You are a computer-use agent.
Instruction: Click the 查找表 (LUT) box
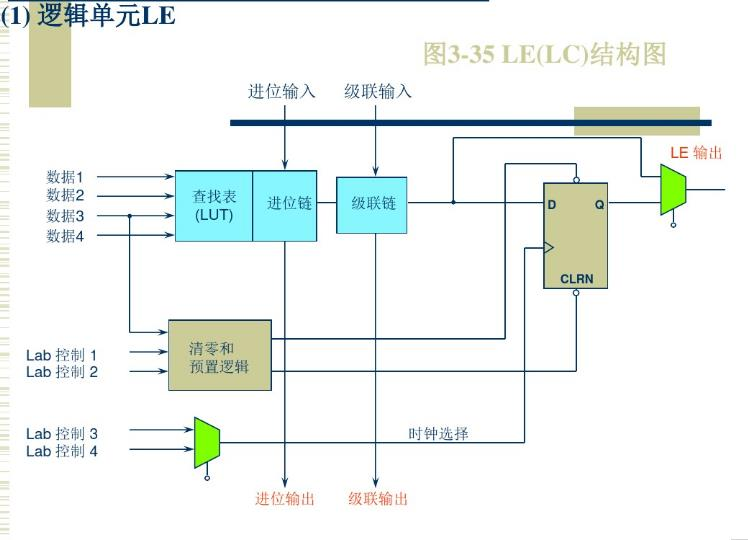pos(213,205)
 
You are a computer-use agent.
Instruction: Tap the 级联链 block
pos(372,204)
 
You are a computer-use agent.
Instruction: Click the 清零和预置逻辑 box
pos(219,357)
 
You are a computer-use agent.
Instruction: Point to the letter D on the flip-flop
pos(552,204)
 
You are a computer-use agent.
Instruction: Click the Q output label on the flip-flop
pos(599,204)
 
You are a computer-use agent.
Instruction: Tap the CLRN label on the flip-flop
pos(577,279)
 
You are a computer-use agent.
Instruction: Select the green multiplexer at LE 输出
pos(672,190)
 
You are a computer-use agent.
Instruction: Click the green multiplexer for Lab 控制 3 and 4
pos(207,442)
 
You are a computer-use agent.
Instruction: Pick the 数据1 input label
pos(66,177)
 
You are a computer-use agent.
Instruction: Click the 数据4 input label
pos(66,236)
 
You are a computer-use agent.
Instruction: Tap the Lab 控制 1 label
pos(62,354)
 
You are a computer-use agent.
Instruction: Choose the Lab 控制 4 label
pos(62,451)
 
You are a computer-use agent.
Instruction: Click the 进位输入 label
pos(282,92)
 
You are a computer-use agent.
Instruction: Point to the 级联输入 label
pos(378,92)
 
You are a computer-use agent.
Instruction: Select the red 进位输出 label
pos(285,498)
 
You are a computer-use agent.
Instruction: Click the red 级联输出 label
pos(378,498)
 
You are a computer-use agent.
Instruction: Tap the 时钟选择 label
pos(438,434)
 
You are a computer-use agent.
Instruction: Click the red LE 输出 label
pos(696,153)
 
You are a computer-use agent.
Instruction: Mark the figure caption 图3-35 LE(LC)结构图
pos(544,54)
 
